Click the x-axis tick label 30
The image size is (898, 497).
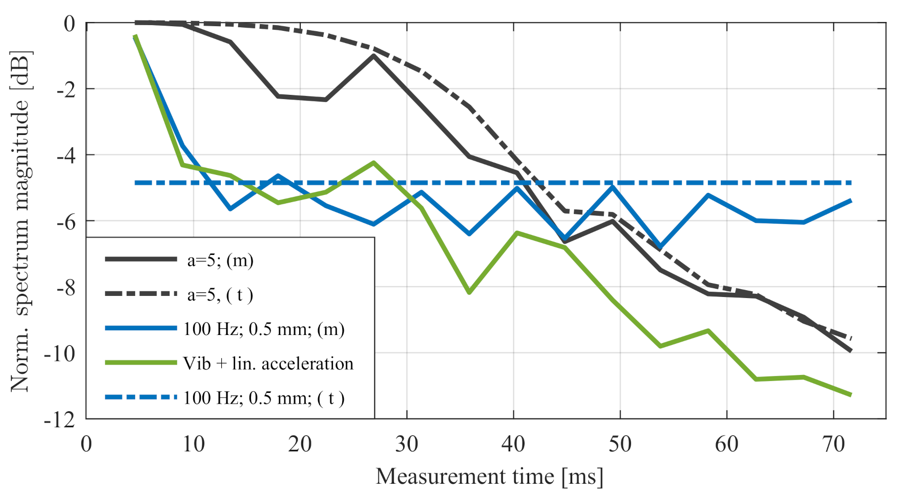tap(406, 444)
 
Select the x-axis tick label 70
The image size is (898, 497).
tap(833, 444)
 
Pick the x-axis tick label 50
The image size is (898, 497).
tap(620, 444)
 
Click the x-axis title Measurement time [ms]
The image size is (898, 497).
tap(489, 476)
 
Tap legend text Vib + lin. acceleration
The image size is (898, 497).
tap(268, 364)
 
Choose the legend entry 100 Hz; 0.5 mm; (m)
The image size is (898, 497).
tap(264, 329)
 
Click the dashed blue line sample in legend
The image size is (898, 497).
tap(141, 397)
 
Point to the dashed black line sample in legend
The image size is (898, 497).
tap(141, 294)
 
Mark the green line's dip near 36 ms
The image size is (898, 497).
tap(469, 292)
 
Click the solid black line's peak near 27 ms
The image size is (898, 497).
tap(374, 55)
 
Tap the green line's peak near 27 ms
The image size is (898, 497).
tap(374, 163)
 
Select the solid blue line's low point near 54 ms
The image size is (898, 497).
tap(660, 247)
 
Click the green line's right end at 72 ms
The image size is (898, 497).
tap(851, 395)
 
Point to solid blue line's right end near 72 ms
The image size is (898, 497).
tap(851, 201)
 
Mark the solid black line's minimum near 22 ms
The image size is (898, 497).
tap(326, 100)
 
